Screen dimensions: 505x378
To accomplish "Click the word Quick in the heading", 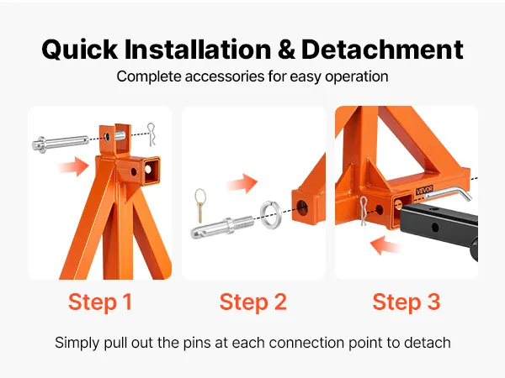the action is click(80, 50).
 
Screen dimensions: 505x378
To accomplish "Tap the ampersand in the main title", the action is click(286, 50).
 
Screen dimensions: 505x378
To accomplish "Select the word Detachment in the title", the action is click(382, 50).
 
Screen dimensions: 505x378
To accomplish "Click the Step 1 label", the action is click(100, 302).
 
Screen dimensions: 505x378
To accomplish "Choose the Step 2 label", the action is click(253, 302).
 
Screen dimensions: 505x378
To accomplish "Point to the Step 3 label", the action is click(407, 302).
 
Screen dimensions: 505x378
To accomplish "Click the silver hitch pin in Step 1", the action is click(61, 144).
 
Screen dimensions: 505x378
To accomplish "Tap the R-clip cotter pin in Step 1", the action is click(151, 134).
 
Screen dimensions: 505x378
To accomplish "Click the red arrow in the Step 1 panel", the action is click(73, 166).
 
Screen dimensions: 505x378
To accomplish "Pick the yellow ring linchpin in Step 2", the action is click(200, 205).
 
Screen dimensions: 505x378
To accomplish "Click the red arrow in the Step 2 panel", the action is click(242, 183).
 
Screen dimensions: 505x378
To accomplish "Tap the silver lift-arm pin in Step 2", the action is click(222, 227).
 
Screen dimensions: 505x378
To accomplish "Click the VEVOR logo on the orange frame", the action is click(424, 190).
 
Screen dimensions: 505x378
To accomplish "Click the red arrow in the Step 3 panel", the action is click(385, 245).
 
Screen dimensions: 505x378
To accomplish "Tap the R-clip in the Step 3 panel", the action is click(364, 211).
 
